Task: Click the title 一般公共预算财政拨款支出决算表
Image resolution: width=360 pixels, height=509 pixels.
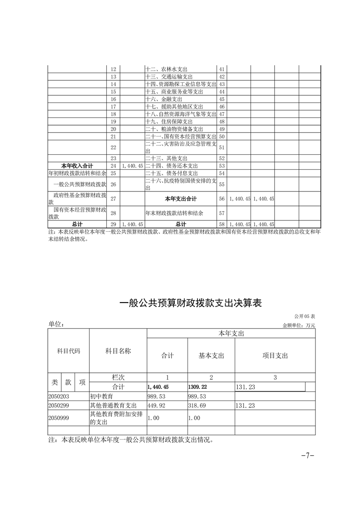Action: tap(190, 303)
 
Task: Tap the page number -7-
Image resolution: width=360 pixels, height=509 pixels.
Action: tap(308, 455)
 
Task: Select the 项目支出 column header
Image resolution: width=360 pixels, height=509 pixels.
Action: tap(275, 356)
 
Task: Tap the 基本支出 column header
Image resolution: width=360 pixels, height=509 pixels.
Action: tap(212, 356)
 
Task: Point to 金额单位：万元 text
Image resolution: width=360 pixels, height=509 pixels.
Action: tap(298, 325)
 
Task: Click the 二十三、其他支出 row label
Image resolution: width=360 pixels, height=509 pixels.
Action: tap(167, 158)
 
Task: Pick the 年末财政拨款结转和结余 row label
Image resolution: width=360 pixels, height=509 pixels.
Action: tap(174, 212)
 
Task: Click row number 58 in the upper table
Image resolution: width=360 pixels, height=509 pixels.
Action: tap(222, 224)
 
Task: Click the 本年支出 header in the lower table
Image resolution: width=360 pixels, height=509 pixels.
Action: tap(231, 333)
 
